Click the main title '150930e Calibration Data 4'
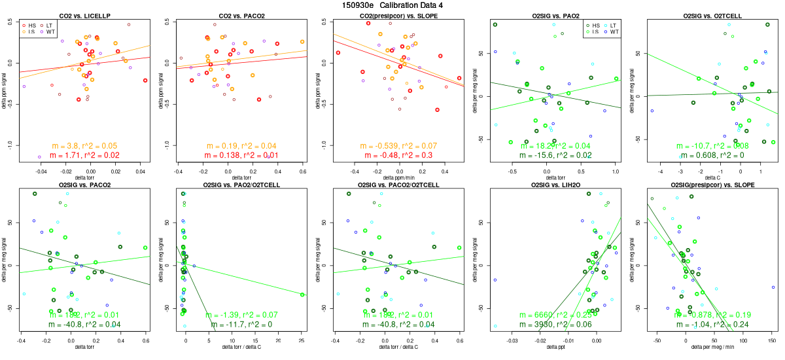tap(392, 5)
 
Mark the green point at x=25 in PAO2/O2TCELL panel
tap(302, 295)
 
